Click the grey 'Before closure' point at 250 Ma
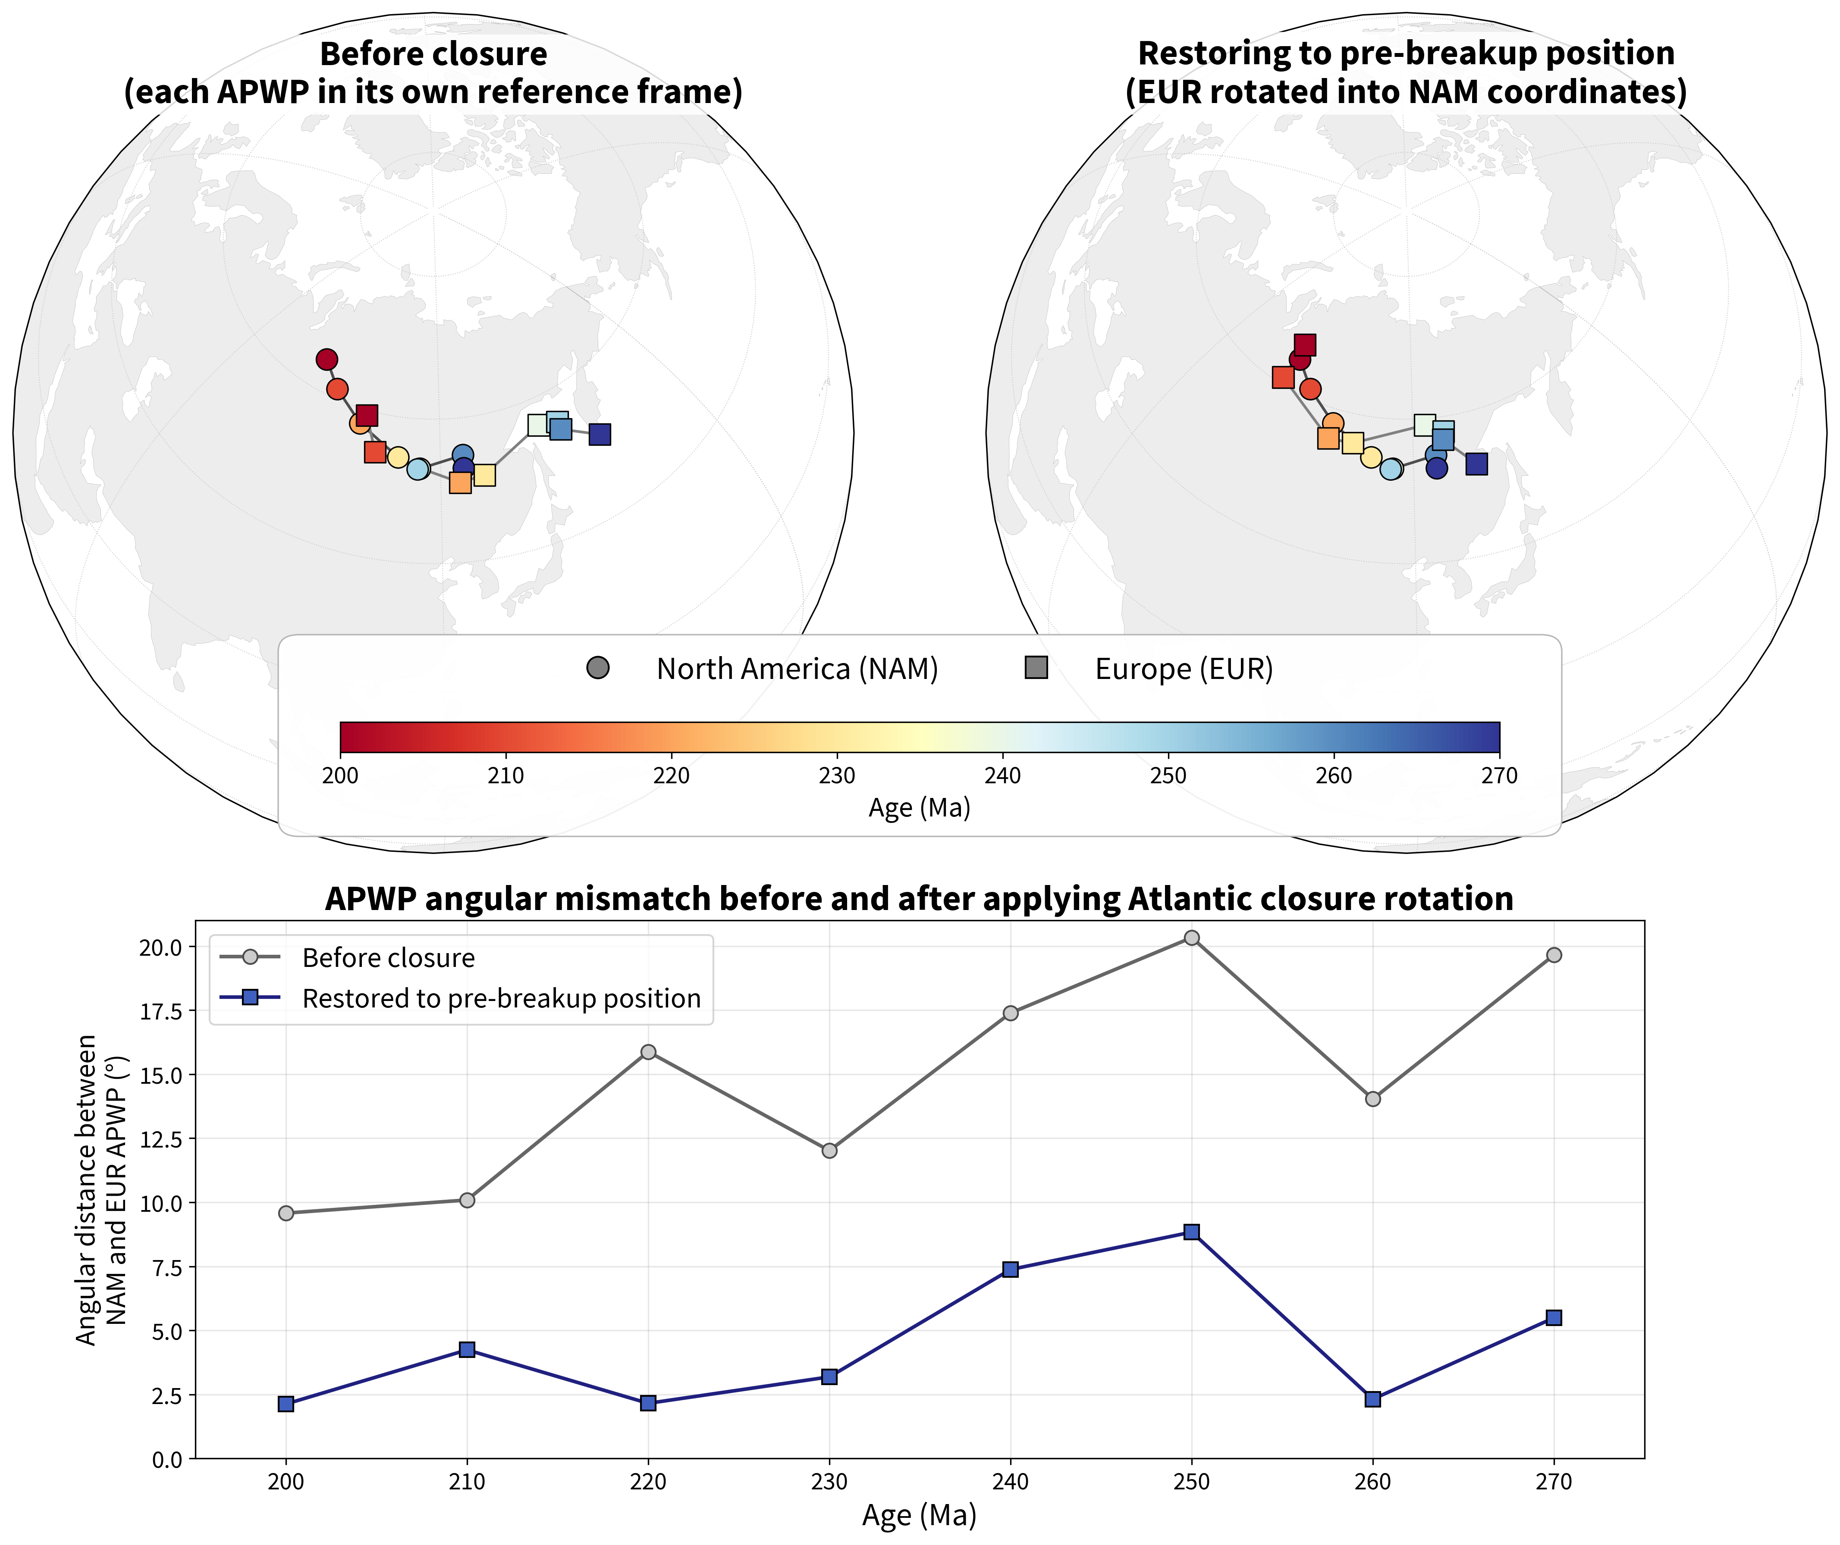1192,938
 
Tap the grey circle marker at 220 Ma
648,1052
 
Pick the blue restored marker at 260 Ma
1373,1400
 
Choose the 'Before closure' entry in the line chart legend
388,958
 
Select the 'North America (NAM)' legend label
798,669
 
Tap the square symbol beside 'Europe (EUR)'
1036,668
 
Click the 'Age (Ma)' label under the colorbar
919,807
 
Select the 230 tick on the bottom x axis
829,1482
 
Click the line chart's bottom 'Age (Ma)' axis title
919,1515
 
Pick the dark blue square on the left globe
599,435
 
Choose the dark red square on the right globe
1305,345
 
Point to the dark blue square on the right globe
1476,464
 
